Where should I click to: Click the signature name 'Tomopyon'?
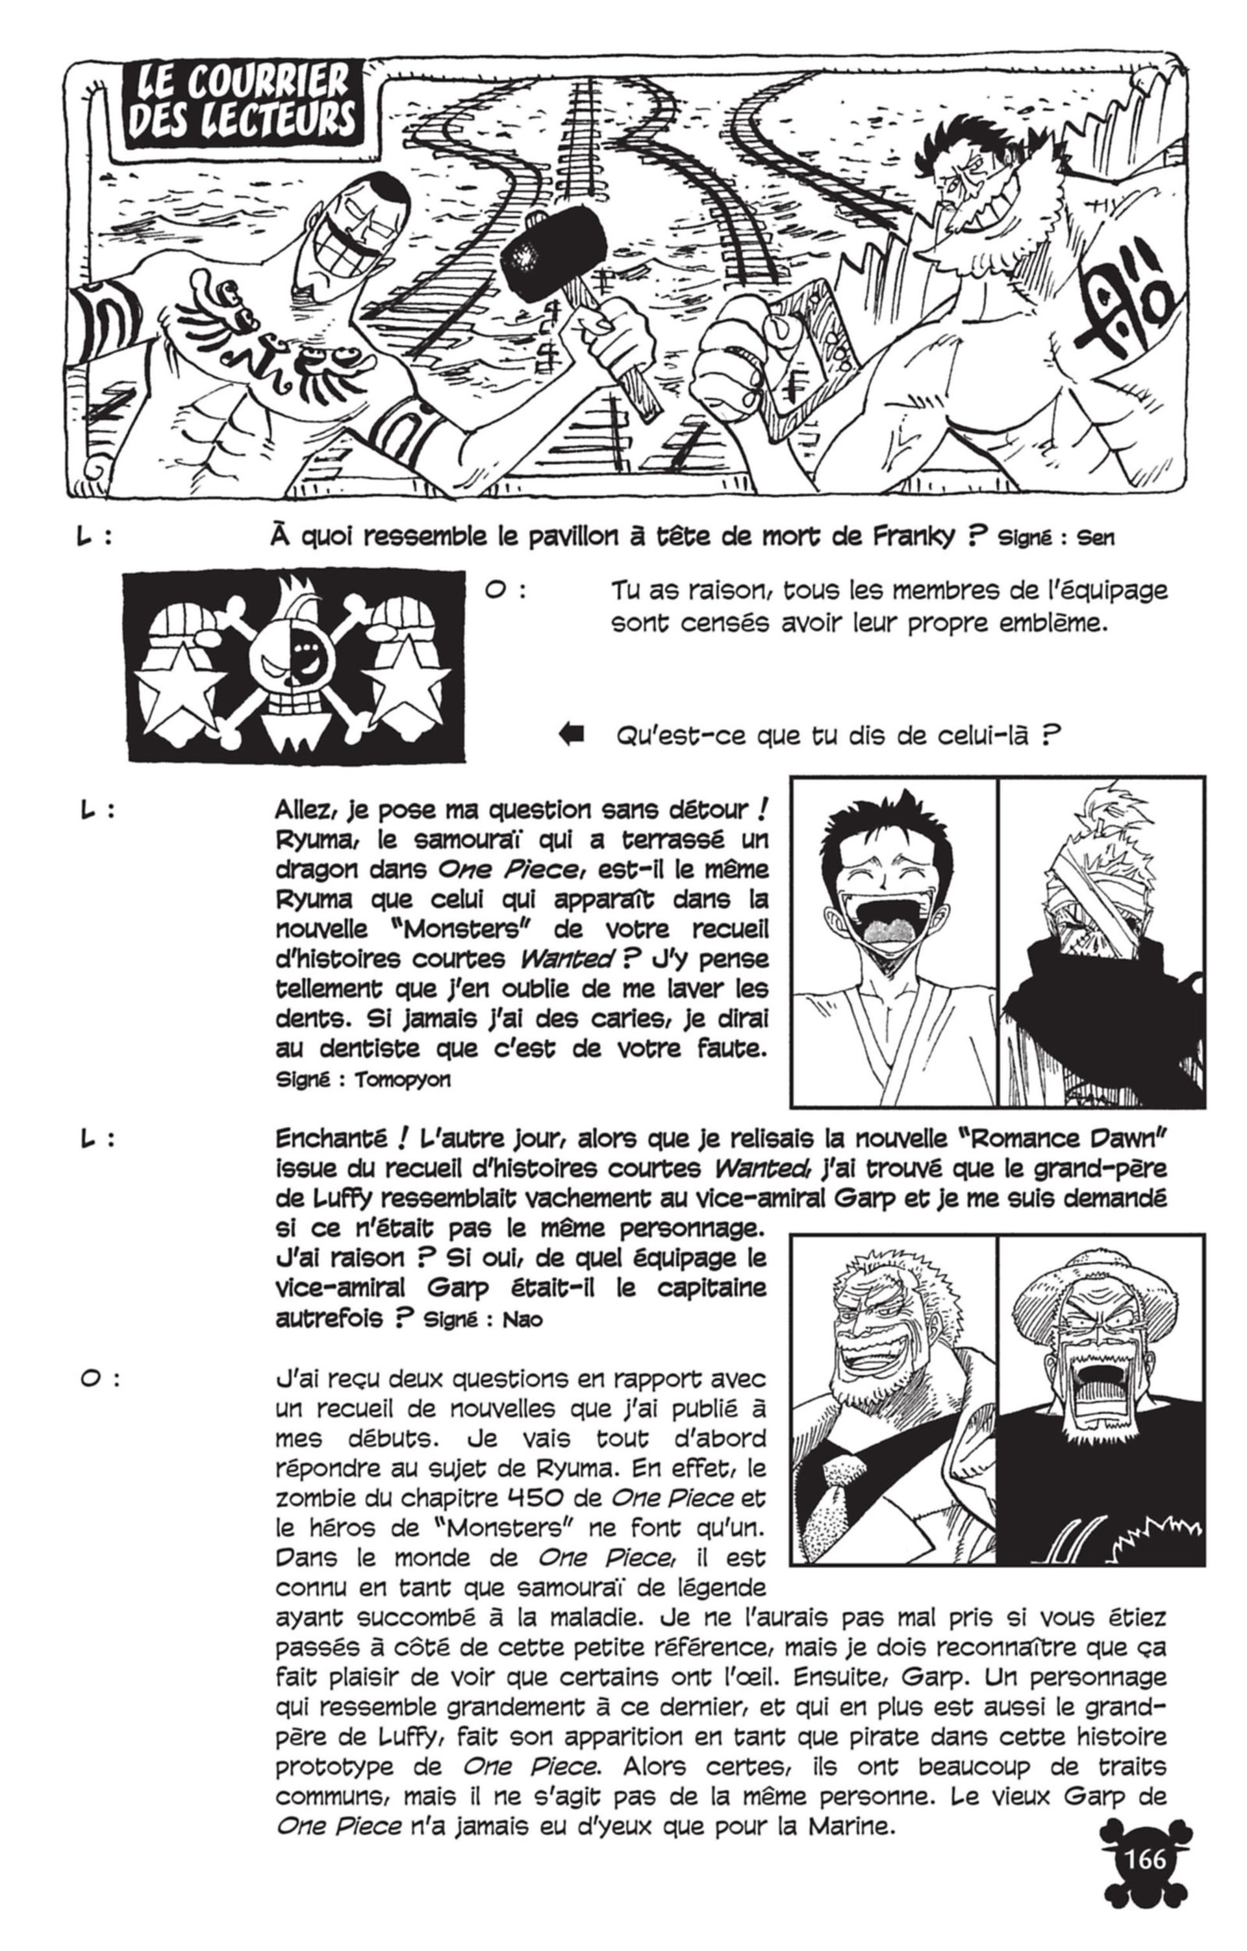point(402,1080)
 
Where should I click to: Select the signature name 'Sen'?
point(1096,538)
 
